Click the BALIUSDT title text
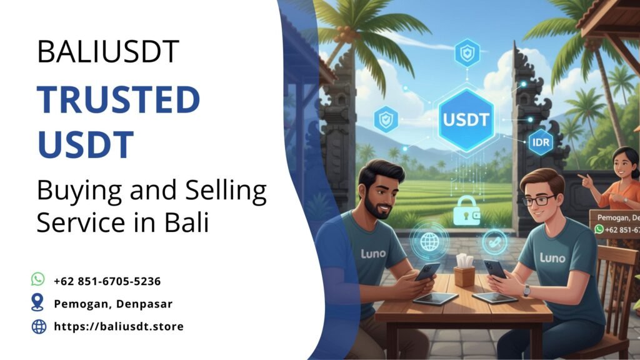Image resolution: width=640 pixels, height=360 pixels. [x=108, y=52]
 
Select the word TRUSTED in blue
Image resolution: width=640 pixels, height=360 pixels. [x=118, y=101]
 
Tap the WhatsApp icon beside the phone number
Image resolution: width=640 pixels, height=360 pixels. [x=39, y=279]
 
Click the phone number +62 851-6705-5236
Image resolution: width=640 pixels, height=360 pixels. [x=107, y=281]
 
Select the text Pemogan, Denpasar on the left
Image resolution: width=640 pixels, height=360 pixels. [x=113, y=304]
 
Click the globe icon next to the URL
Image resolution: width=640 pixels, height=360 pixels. [x=39, y=326]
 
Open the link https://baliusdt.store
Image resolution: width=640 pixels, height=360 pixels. [x=119, y=326]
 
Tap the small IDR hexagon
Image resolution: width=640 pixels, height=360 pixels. [x=539, y=142]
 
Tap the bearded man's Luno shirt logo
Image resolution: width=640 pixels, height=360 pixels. [x=374, y=254]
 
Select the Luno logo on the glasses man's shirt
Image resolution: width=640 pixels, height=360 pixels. [x=552, y=257]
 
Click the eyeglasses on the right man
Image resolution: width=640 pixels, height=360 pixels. [x=538, y=200]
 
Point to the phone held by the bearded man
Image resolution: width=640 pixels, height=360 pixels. [x=427, y=271]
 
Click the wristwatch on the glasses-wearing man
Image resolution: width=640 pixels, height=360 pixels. [x=527, y=291]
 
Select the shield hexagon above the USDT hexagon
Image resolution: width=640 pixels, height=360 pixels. [x=467, y=53]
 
